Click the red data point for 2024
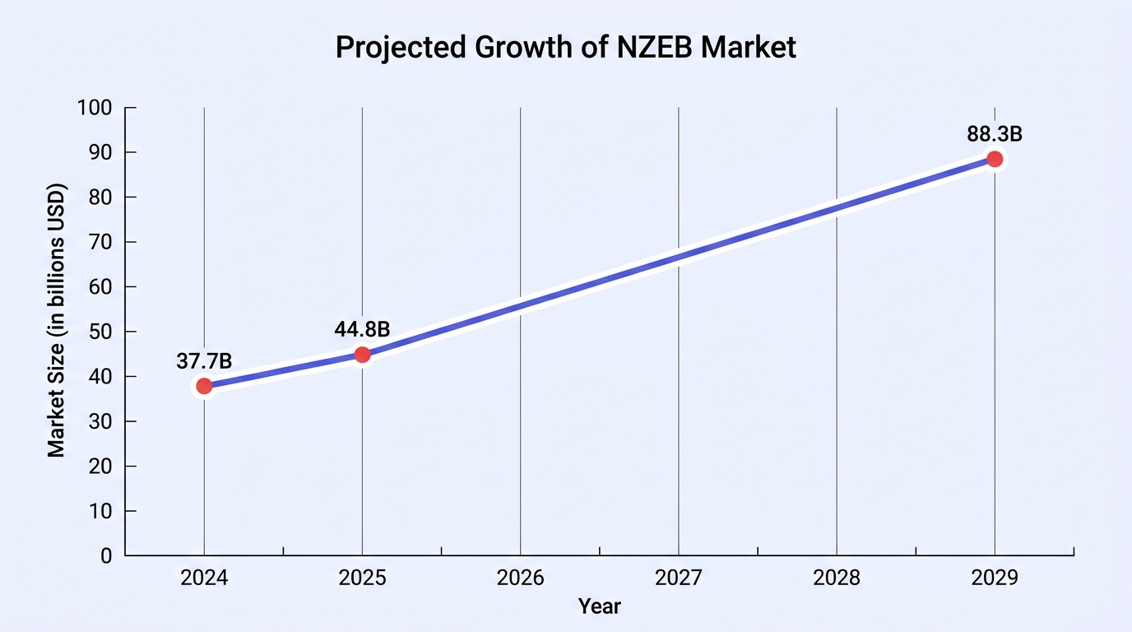pos(204,386)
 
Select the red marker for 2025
pos(362,355)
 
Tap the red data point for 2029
pos(995,160)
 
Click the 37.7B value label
pos(204,361)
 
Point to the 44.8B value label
pos(362,329)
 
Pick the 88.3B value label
pos(995,134)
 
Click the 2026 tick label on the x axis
pos(521,578)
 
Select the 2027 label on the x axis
pos(679,578)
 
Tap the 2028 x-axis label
pos(837,578)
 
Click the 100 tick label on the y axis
pos(95,108)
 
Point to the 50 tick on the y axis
pos(100,332)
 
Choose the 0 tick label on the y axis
pos(106,556)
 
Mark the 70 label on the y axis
pos(100,242)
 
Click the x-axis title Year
pos(600,606)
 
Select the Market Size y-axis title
pos(56,321)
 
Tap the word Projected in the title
pos(401,48)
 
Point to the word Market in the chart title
pos(749,47)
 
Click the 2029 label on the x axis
pos(995,578)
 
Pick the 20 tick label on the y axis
pos(100,466)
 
